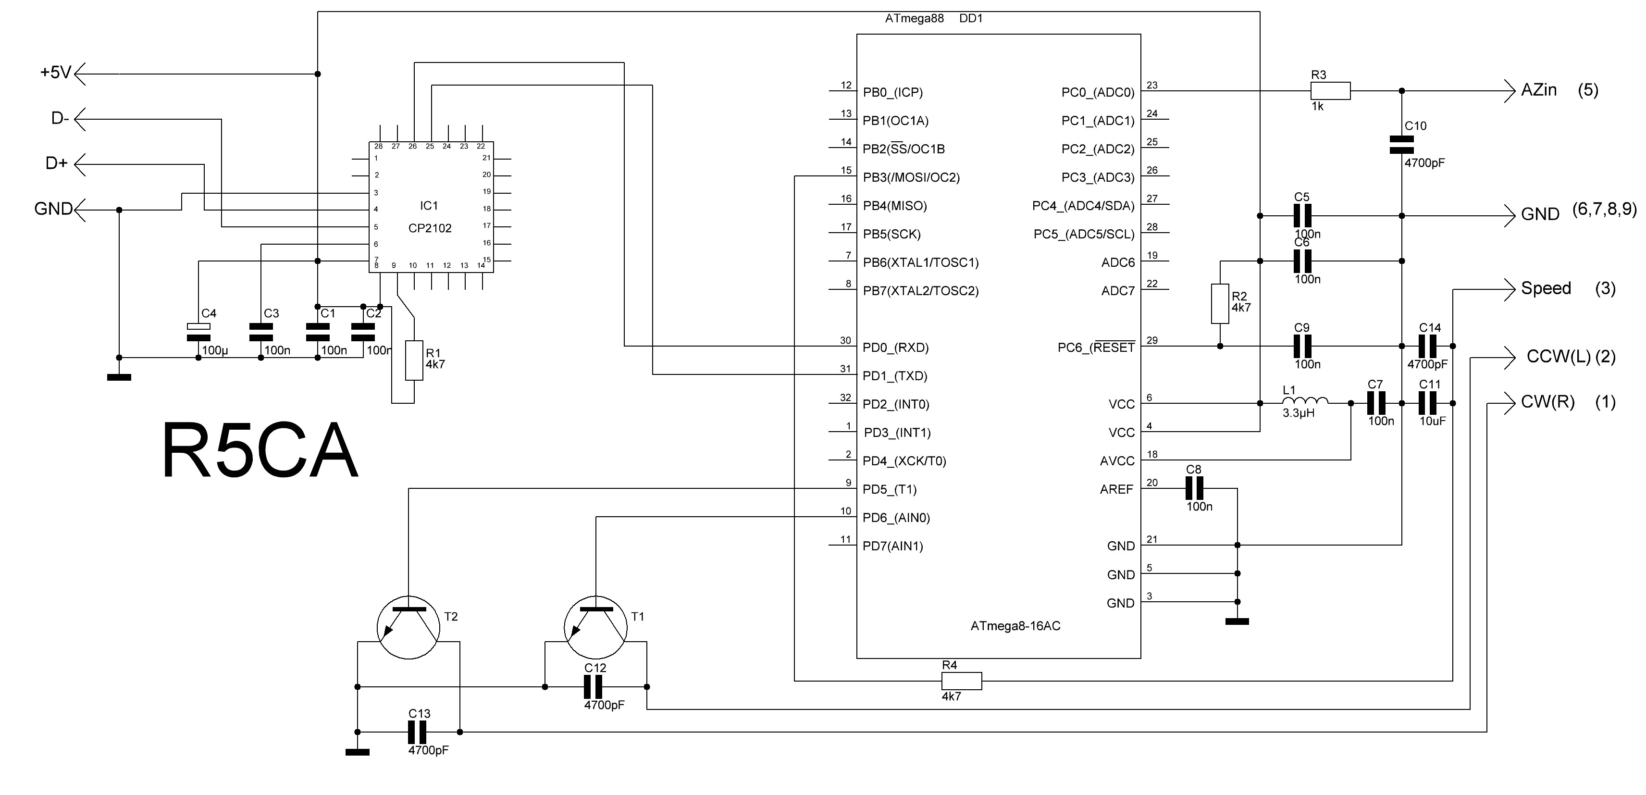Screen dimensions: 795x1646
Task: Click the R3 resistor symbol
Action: point(1330,91)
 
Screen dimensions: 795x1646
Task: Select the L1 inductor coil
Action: point(1305,401)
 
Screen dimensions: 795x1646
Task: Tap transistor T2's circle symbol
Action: point(409,628)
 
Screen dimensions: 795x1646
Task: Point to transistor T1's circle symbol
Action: point(595,628)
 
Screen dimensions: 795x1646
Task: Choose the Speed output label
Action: point(1545,288)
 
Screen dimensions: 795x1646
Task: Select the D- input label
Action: point(60,119)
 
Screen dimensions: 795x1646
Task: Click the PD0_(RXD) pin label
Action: point(895,348)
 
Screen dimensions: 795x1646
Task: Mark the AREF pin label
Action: point(1116,489)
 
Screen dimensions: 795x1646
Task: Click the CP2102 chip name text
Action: point(429,228)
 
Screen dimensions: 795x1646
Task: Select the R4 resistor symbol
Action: point(962,681)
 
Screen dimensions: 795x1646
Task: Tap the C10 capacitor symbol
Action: point(1402,144)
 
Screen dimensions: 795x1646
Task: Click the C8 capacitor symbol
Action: point(1194,489)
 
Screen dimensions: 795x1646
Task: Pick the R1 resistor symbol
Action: point(414,360)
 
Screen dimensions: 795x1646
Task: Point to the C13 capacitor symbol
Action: point(419,732)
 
